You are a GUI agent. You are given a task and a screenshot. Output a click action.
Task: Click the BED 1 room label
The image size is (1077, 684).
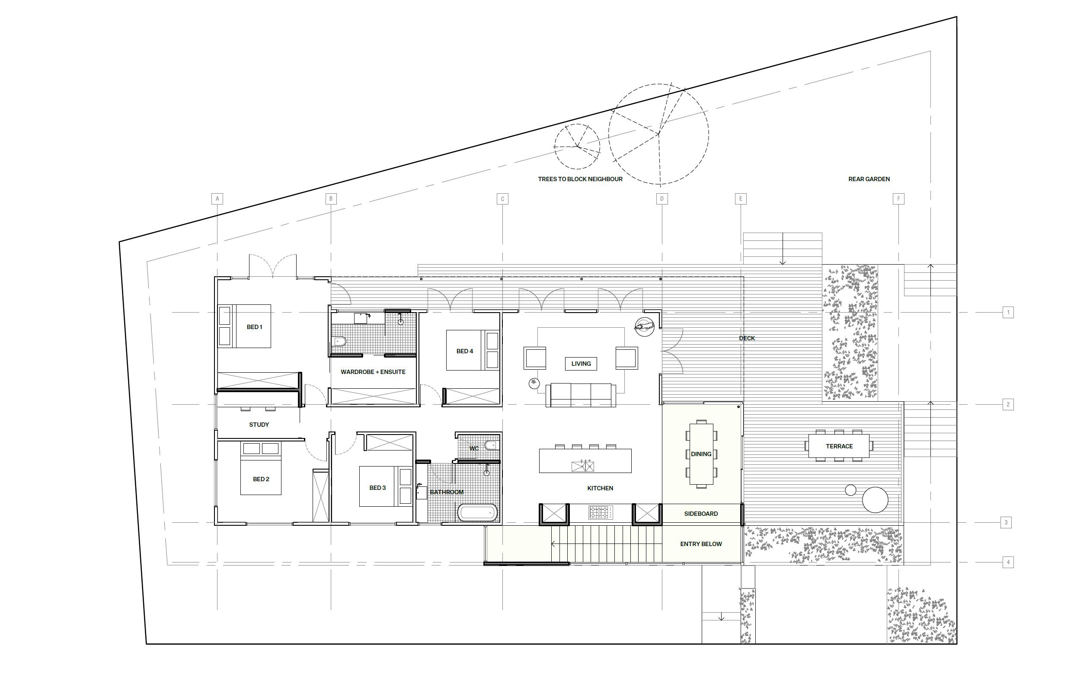[255, 327]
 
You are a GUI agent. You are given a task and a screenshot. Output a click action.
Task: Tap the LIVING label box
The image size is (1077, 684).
[581, 364]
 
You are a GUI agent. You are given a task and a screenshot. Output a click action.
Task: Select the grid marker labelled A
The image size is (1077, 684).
[217, 198]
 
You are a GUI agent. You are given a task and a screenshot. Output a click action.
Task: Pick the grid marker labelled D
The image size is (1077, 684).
[662, 198]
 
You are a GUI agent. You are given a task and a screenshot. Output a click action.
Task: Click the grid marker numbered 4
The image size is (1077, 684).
[1008, 563]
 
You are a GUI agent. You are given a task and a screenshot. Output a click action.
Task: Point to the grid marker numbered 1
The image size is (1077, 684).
[1008, 312]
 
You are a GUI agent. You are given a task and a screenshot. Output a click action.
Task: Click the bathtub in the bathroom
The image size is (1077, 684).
[478, 513]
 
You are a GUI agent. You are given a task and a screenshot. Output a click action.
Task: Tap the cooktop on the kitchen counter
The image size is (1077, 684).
[601, 513]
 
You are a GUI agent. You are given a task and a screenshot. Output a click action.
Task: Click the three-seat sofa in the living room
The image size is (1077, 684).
[581, 395]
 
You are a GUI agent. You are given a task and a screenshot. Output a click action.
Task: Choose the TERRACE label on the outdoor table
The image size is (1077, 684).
[839, 446]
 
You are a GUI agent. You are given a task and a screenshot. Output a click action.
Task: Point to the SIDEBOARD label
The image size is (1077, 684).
[701, 514]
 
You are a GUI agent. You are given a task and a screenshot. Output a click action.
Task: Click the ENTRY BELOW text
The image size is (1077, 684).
[701, 544]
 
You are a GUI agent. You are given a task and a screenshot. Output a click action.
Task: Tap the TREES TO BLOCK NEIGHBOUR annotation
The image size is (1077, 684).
[580, 179]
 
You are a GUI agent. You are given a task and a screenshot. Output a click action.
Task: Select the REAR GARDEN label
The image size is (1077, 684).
[869, 179]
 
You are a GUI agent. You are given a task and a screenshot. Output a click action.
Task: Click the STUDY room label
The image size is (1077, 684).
[259, 425]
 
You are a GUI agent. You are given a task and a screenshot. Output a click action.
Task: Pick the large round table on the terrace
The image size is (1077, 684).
[875, 500]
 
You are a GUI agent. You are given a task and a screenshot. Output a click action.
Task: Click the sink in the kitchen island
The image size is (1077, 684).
[583, 466]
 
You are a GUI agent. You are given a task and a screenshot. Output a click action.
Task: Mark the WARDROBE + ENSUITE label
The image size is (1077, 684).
[373, 372]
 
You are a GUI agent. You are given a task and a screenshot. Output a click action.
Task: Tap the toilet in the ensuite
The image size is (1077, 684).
[339, 342]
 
